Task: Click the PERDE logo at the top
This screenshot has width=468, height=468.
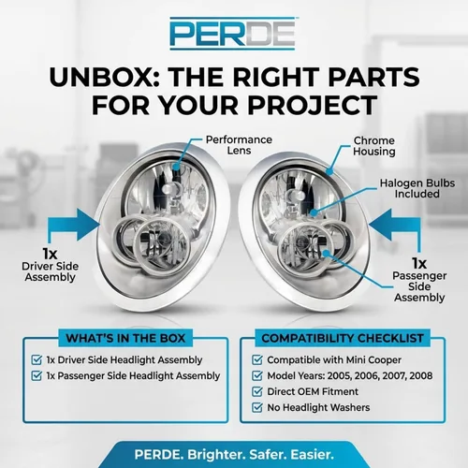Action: point(232,34)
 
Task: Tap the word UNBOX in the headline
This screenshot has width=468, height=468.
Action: point(104,77)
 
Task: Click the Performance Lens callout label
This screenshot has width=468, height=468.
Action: point(239,145)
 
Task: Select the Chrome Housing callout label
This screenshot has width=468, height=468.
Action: point(374,146)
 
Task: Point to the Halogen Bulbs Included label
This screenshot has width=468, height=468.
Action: point(417,188)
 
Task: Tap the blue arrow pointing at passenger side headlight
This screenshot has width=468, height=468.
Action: point(395,230)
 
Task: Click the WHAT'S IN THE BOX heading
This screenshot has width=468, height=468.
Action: point(125,338)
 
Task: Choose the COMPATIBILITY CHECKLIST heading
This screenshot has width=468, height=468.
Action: point(343,338)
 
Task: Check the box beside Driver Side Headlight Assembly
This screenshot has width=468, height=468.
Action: point(37,359)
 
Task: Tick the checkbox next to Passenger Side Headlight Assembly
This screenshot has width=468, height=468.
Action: point(37,375)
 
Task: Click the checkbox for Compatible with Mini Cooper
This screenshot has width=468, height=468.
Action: point(257,359)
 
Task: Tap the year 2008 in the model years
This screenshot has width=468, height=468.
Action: point(421,375)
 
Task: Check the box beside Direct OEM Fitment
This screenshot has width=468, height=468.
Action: point(257,391)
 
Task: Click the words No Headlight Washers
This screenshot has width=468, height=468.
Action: point(318,407)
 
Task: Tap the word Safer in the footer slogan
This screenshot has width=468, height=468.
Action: point(268,454)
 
